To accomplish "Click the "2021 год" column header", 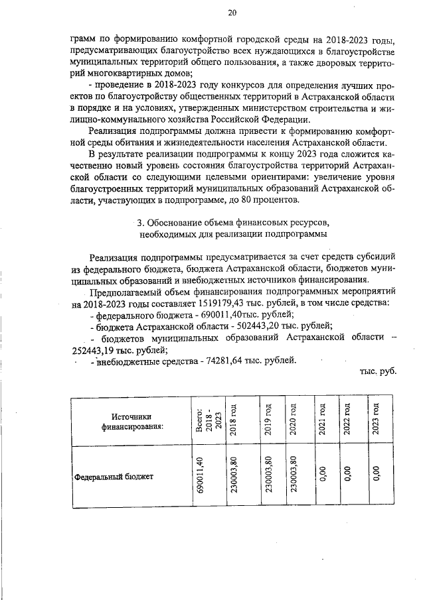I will (x=321, y=420).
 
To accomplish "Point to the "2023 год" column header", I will (x=376, y=420).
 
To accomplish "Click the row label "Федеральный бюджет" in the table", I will (x=114, y=476).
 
